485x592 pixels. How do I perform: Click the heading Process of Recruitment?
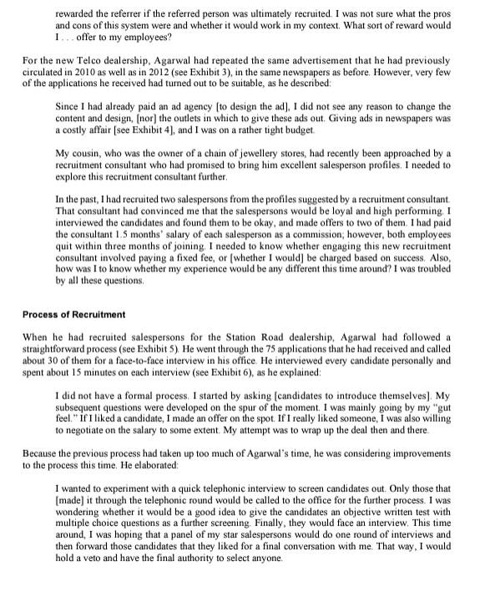(74, 314)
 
